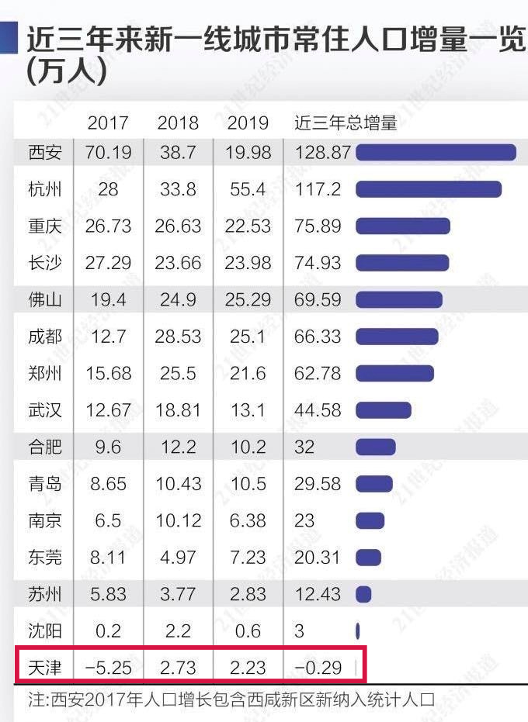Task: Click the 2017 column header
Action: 108,123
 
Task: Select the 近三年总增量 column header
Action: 346,123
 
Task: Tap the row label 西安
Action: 43,152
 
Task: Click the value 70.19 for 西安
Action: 109,152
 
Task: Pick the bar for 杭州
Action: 429,189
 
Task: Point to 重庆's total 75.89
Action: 318,226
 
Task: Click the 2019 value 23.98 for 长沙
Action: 248,263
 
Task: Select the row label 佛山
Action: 43,299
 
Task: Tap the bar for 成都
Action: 397,337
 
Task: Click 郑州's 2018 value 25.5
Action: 178,373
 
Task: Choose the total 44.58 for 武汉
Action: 318,410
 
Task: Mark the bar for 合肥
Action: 376,447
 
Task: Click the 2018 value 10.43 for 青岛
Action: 178,484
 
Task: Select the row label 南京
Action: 43,520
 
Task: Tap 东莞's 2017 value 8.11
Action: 109,558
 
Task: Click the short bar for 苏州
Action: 363,594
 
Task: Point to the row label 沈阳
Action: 43,631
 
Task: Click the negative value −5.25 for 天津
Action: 107,668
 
